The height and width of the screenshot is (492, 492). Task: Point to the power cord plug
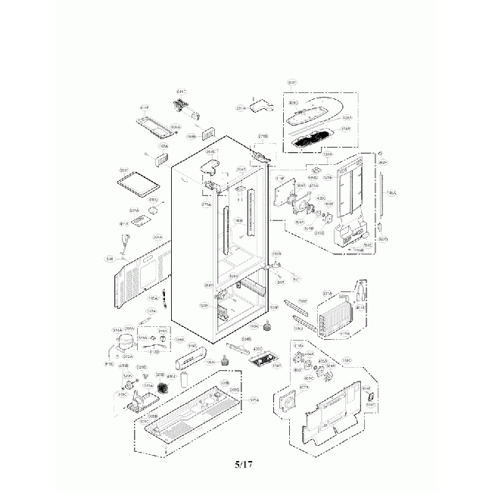pos(124,244)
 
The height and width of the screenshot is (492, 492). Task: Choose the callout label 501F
pos(124,170)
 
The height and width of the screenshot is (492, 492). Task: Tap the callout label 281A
pos(241,109)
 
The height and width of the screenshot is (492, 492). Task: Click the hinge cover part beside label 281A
pos(260,105)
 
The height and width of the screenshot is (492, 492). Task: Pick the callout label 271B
pos(263,136)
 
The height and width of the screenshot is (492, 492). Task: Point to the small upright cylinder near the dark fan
pos(182,381)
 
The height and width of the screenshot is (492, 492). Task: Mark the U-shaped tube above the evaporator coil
pos(361,291)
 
